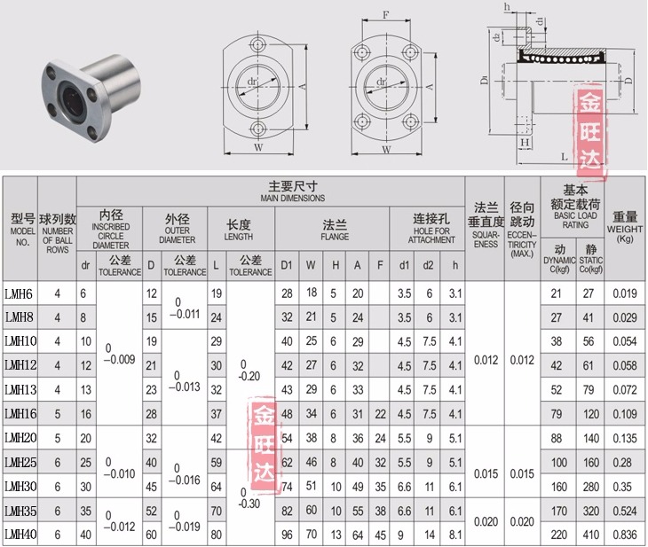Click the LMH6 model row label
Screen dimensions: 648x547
19,294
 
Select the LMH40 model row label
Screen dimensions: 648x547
20,535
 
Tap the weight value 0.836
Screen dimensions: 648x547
625,535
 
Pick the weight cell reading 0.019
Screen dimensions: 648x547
625,293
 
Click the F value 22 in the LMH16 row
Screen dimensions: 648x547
380,414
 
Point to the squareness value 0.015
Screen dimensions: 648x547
486,473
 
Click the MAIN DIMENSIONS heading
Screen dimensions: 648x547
293,199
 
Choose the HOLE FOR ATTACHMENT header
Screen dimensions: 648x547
431,235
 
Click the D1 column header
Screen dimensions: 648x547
287,265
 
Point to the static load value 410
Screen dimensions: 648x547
591,535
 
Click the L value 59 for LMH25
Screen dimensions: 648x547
216,463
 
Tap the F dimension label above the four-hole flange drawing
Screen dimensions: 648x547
385,15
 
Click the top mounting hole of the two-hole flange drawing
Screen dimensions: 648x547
258,44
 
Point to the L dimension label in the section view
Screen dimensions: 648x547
564,156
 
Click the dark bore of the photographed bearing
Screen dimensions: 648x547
69,100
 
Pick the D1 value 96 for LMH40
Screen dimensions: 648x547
287,535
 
